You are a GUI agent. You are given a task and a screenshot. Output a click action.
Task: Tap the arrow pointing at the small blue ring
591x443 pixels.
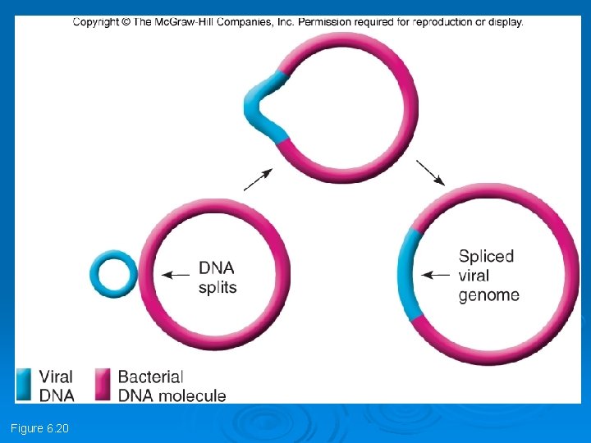coord(174,276)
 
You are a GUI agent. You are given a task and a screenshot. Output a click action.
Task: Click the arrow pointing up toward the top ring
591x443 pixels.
coord(259,179)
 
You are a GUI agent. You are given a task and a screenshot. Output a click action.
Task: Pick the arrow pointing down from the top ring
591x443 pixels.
coord(431,172)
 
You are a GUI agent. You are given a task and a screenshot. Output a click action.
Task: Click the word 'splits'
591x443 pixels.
coord(218,287)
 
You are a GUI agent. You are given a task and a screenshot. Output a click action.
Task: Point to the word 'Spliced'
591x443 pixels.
coord(486,257)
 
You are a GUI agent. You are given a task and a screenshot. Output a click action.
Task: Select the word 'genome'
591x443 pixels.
coord(488,295)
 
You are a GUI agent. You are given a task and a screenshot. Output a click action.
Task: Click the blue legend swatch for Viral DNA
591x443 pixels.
coord(25,384)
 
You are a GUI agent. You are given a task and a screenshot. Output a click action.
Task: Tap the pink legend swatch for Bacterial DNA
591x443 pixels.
coord(103,384)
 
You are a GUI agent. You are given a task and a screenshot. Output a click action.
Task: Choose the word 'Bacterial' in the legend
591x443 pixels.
coord(150,377)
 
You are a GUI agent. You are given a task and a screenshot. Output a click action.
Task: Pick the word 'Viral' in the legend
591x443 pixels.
coord(56,377)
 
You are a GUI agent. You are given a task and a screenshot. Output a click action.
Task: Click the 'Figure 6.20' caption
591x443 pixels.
coord(39,428)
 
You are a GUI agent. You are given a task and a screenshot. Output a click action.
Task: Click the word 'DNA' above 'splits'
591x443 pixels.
coord(217,268)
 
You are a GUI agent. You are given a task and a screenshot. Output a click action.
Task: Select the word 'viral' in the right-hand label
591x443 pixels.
coord(474,276)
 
